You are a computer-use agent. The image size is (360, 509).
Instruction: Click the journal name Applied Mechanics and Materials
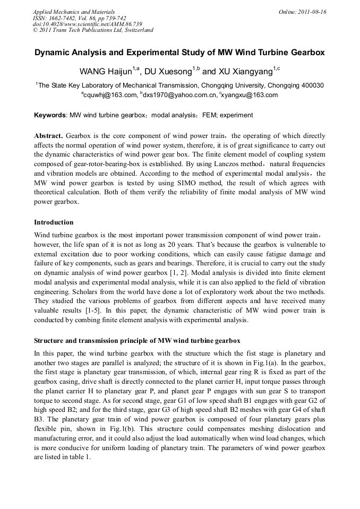point(73,12)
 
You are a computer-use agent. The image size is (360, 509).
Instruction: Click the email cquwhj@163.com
point(109,96)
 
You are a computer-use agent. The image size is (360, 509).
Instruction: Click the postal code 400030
point(313,85)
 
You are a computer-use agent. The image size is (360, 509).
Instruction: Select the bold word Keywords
point(50,115)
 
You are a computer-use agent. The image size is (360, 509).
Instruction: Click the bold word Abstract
point(48,135)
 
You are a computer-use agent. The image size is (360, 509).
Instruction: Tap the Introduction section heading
point(54,222)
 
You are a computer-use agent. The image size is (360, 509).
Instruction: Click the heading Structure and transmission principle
point(138,340)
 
